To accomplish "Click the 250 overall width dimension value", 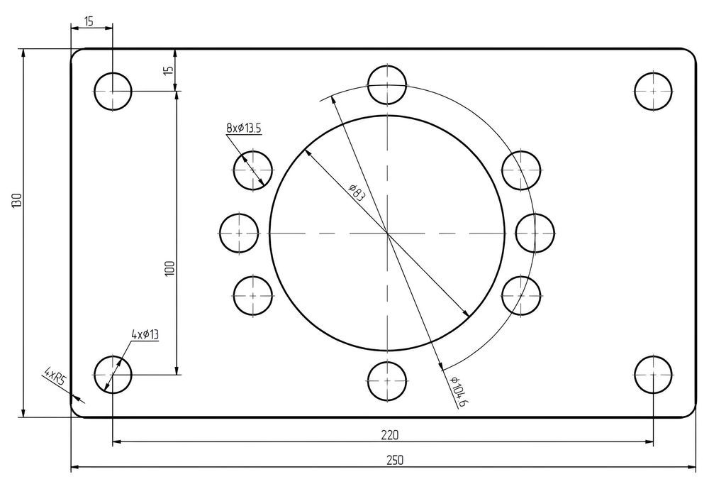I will click(395, 460).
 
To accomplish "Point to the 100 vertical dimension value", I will click(169, 268).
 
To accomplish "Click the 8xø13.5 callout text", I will click(244, 128).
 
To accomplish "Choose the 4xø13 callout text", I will click(145, 334).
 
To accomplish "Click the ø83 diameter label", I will click(356, 192).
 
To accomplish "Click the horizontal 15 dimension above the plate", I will click(89, 21).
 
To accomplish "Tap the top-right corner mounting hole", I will click(653, 91).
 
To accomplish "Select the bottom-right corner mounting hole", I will click(653, 375).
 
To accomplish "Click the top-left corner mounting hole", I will click(113, 91).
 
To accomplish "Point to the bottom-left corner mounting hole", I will click(113, 375).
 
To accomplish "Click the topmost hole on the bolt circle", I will click(388, 84).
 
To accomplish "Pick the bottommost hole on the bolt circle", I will click(388, 381).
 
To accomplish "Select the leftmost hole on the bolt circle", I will click(239, 233).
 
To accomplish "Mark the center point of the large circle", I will click(388, 233).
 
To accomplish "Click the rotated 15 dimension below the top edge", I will click(167, 70).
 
